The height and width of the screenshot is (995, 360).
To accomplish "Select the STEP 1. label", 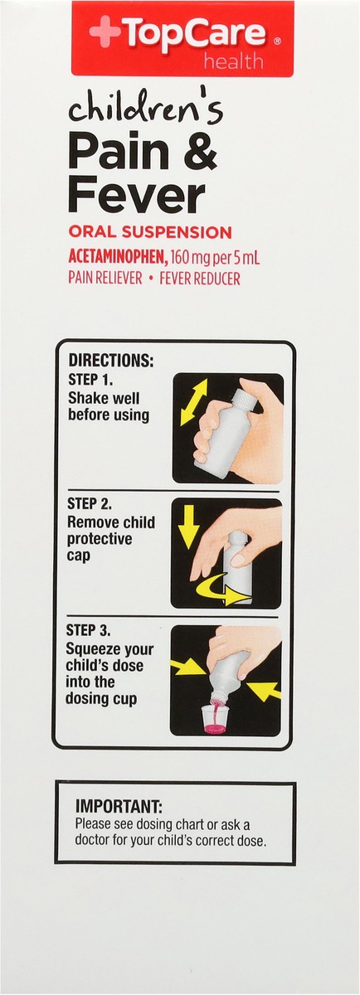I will (91, 381).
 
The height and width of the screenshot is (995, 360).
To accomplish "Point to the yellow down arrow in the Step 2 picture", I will (189, 527).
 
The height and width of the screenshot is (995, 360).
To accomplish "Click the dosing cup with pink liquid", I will (215, 716).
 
